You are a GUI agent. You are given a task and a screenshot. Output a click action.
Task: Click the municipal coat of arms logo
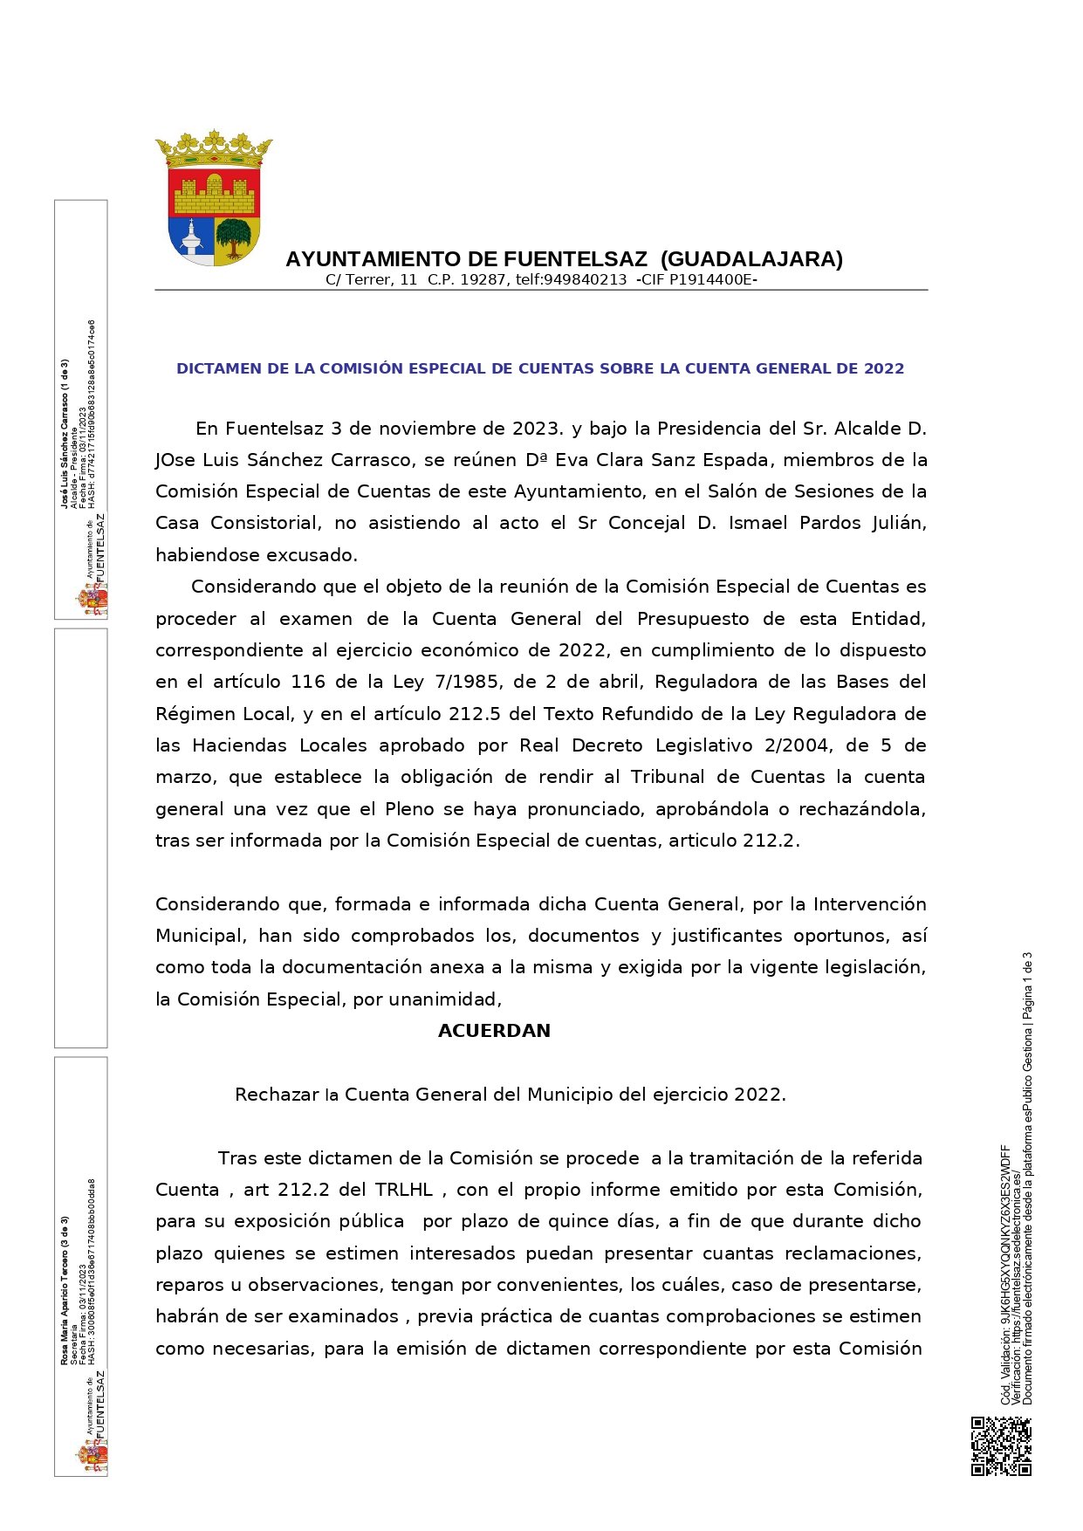214,198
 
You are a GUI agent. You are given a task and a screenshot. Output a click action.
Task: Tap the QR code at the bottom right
1001,1446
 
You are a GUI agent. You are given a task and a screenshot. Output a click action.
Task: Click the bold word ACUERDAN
494,1031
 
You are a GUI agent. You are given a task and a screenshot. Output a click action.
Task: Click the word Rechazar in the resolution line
277,1095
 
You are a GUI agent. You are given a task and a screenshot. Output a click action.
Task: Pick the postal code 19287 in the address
483,280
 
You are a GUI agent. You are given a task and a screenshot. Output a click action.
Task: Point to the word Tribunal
668,777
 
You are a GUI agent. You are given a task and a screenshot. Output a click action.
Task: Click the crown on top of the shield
214,150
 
